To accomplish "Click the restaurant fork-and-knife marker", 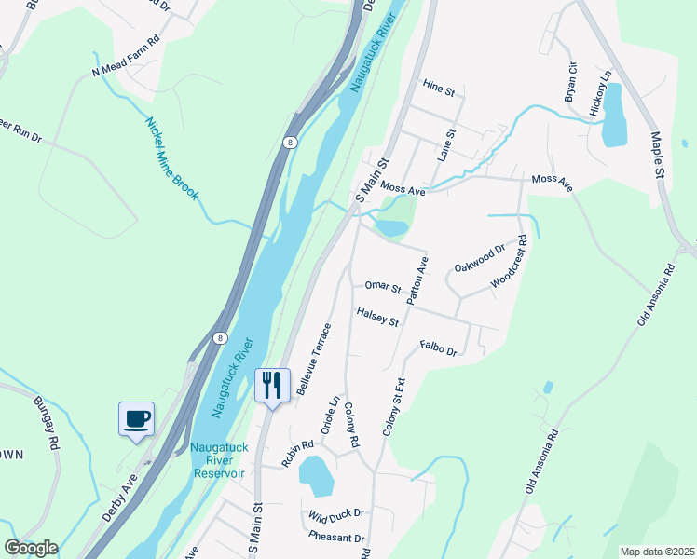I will pyautogui.click(x=272, y=386).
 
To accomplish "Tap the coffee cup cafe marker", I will pyautogui.click(x=136, y=418).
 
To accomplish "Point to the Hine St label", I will pyautogui.click(x=438, y=89).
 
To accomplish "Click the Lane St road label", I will pyautogui.click(x=445, y=145).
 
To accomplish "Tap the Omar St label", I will pyautogui.click(x=382, y=287).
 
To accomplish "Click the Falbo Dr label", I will pyautogui.click(x=438, y=348).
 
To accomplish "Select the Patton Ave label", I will pyautogui.click(x=417, y=281).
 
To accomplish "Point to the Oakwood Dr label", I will pyautogui.click(x=479, y=257).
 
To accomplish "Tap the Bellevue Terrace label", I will pyautogui.click(x=314, y=360).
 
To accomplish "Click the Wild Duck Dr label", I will pyautogui.click(x=337, y=513).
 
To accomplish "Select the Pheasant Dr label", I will pyautogui.click(x=337, y=538).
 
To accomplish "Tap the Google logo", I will pyautogui.click(x=31, y=548).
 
